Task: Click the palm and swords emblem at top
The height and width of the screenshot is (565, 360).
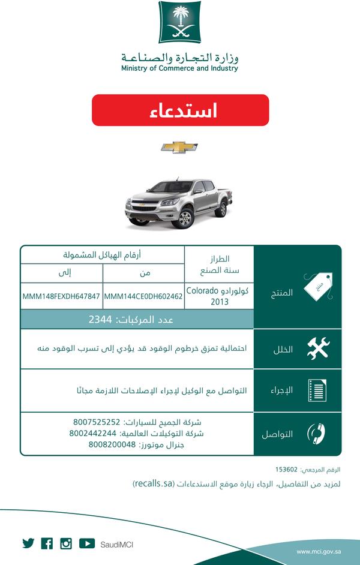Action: coord(179,22)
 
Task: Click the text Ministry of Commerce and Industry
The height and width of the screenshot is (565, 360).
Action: coord(179,68)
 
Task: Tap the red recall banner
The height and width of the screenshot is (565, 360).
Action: coord(180,110)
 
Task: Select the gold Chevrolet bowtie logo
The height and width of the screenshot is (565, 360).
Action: coord(179,148)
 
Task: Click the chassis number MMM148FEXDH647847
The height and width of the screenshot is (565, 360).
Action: coord(62,296)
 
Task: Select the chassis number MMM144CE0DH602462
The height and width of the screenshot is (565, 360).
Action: coord(143,296)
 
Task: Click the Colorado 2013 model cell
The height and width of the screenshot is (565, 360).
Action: coord(219,296)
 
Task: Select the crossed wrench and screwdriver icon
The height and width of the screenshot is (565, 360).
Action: coord(318,348)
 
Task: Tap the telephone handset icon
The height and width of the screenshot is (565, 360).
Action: coord(316,434)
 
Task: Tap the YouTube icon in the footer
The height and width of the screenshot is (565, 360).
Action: coord(86,543)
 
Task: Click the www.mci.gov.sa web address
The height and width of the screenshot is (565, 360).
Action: coord(319,551)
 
